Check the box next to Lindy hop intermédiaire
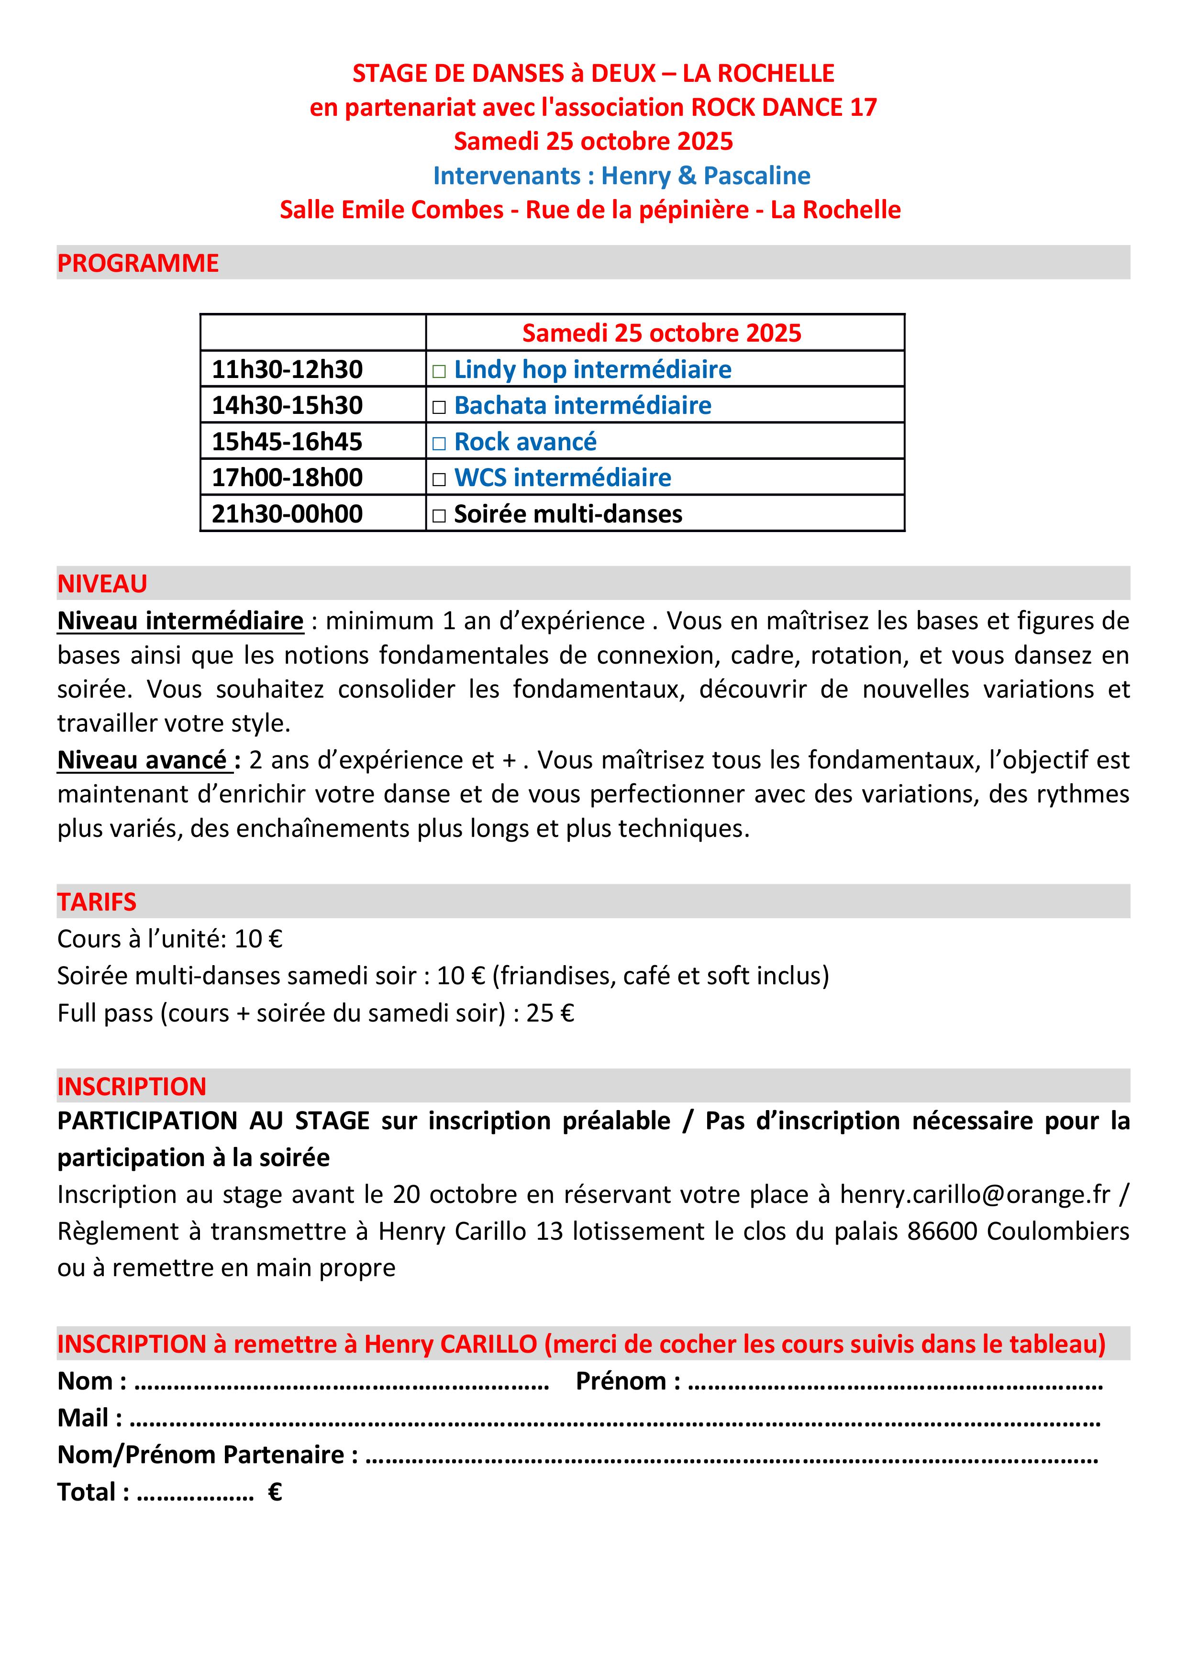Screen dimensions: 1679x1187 pos(439,371)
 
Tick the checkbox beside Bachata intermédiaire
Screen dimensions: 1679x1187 pos(439,407)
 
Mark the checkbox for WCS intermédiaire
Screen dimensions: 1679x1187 pos(439,480)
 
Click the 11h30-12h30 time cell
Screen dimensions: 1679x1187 pos(288,369)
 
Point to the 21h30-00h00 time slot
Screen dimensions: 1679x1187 pos(288,514)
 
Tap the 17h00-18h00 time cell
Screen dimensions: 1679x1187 pos(288,478)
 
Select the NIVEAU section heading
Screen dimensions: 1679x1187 pos(102,584)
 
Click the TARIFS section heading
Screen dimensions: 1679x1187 pos(97,901)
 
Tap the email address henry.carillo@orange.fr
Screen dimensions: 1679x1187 pos(975,1194)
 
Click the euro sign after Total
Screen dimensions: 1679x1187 pos(275,1492)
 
